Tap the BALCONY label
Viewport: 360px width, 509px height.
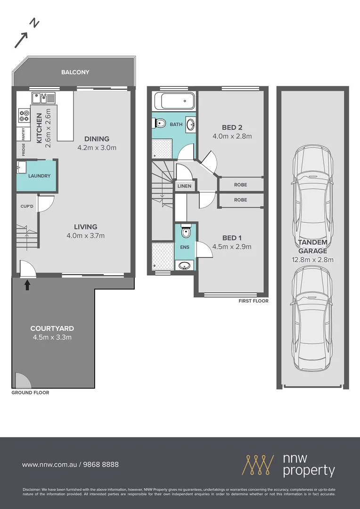pyautogui.click(x=75, y=72)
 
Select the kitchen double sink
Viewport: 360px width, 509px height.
pyautogui.click(x=43, y=98)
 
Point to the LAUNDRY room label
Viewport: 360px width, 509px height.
pyautogui.click(x=39, y=176)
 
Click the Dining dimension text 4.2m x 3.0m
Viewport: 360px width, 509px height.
pyautogui.click(x=97, y=148)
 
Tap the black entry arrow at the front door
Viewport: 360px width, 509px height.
pyautogui.click(x=27, y=284)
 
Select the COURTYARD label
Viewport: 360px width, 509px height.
pyautogui.click(x=52, y=328)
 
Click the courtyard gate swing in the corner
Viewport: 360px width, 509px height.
pyautogui.click(x=21, y=380)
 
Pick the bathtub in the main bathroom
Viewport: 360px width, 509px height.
pyautogui.click(x=174, y=101)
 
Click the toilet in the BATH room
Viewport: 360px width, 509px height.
pyautogui.click(x=160, y=123)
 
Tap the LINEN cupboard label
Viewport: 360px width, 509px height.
pyautogui.click(x=184, y=186)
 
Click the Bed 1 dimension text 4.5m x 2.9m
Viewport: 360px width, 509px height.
pyautogui.click(x=232, y=246)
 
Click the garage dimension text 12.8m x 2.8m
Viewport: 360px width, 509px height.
pyautogui.click(x=312, y=260)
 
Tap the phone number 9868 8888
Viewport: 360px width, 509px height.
pyautogui.click(x=101, y=464)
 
